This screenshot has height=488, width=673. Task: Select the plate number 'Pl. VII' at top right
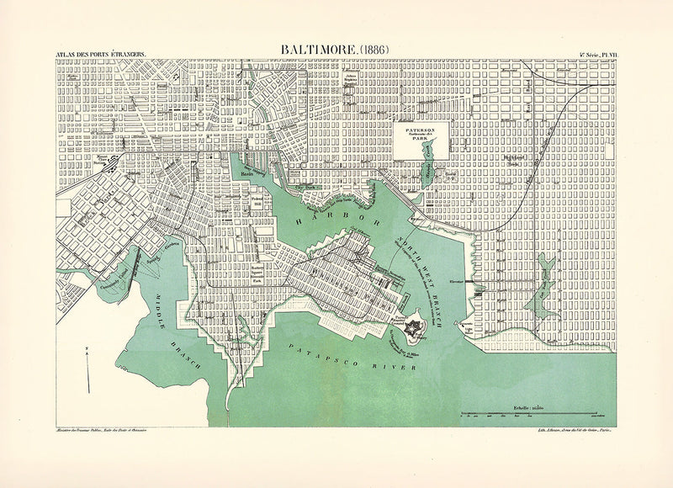[598, 56]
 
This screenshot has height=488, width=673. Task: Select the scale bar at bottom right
[531, 414]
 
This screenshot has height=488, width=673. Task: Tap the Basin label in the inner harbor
[246, 174]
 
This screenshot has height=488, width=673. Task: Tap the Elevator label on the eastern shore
[479, 283]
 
